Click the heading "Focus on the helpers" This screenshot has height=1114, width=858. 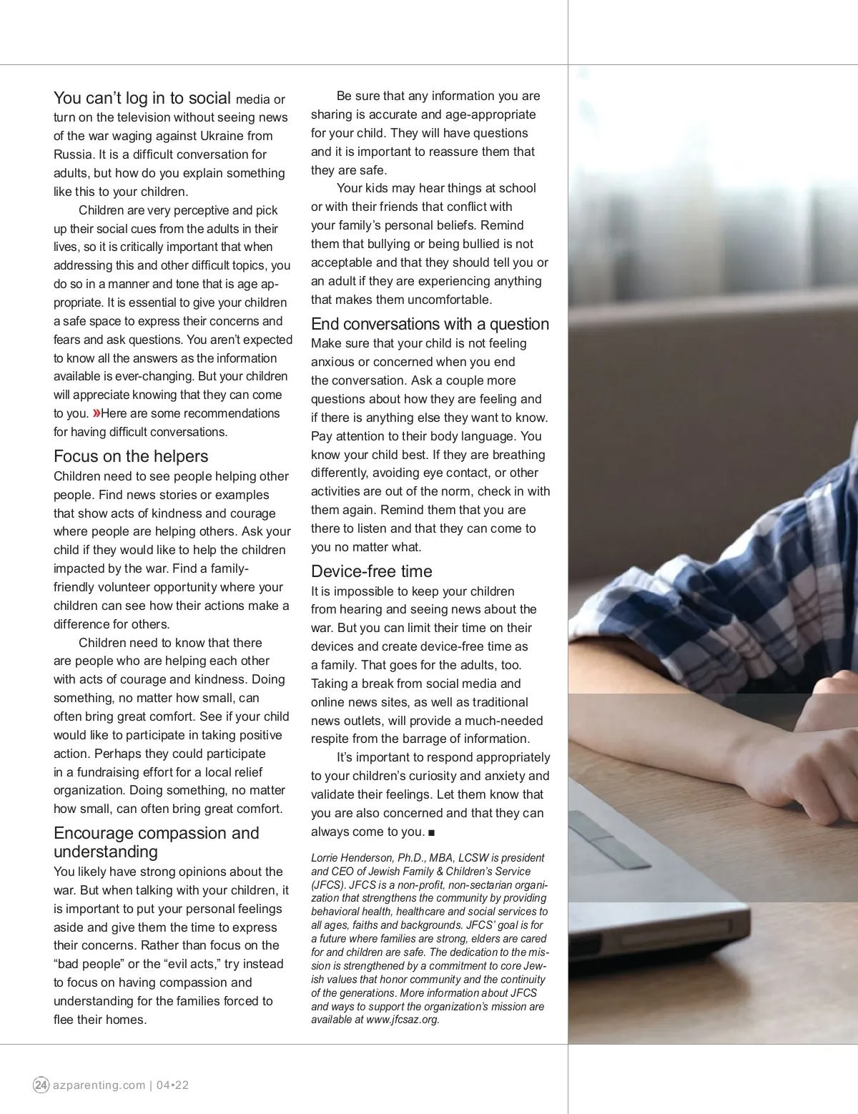click(131, 456)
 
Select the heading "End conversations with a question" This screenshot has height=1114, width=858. click(430, 324)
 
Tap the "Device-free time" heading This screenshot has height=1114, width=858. click(371, 571)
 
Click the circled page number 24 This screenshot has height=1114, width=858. click(41, 1085)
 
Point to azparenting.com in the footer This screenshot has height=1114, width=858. click(99, 1085)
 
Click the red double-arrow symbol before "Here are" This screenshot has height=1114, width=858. click(96, 413)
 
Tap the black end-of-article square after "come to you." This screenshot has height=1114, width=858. click(431, 832)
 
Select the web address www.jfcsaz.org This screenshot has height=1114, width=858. click(403, 1020)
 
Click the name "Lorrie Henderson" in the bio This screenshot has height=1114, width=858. click(349, 857)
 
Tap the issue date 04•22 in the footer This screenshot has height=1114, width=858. click(172, 1085)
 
